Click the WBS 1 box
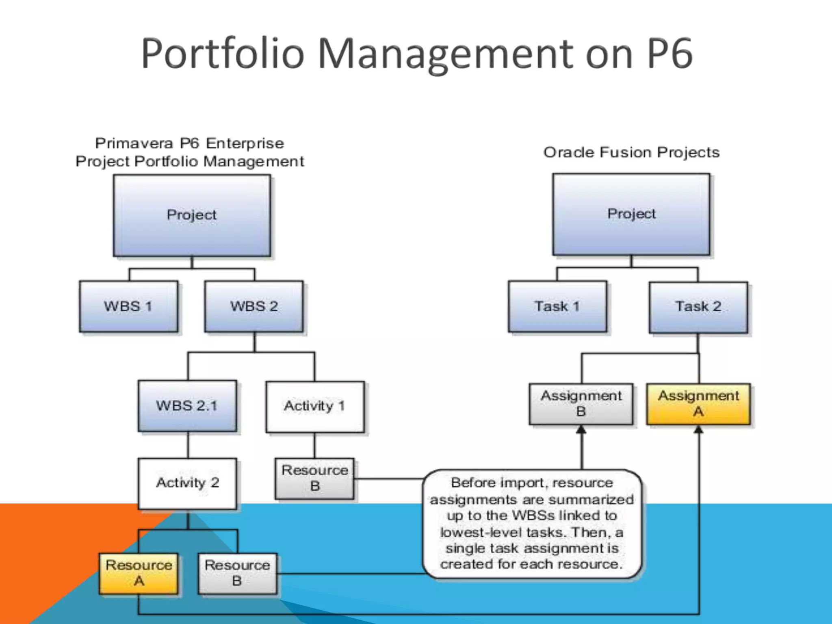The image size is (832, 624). tap(128, 306)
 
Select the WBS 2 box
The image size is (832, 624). tap(254, 306)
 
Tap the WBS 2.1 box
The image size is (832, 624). tap(187, 405)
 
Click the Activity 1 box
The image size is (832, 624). tap(315, 406)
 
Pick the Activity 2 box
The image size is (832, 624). tap(187, 483)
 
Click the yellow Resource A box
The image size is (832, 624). tap(139, 573)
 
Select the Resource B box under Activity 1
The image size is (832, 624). tap(314, 479)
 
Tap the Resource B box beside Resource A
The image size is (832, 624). tap(237, 573)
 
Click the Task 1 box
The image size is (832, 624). tap(557, 306)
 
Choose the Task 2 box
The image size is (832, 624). tap(698, 307)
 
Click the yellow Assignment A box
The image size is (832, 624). tap(698, 404)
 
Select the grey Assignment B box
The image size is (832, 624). tap(581, 404)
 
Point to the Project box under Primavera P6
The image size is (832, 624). tap(192, 215)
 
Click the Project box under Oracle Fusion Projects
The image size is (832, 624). tap(631, 214)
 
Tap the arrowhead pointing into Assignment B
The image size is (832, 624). tap(581, 430)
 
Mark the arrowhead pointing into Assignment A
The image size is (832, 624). tap(698, 430)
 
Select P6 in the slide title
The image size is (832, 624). tap(669, 53)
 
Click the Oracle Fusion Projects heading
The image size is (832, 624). tap(631, 152)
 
